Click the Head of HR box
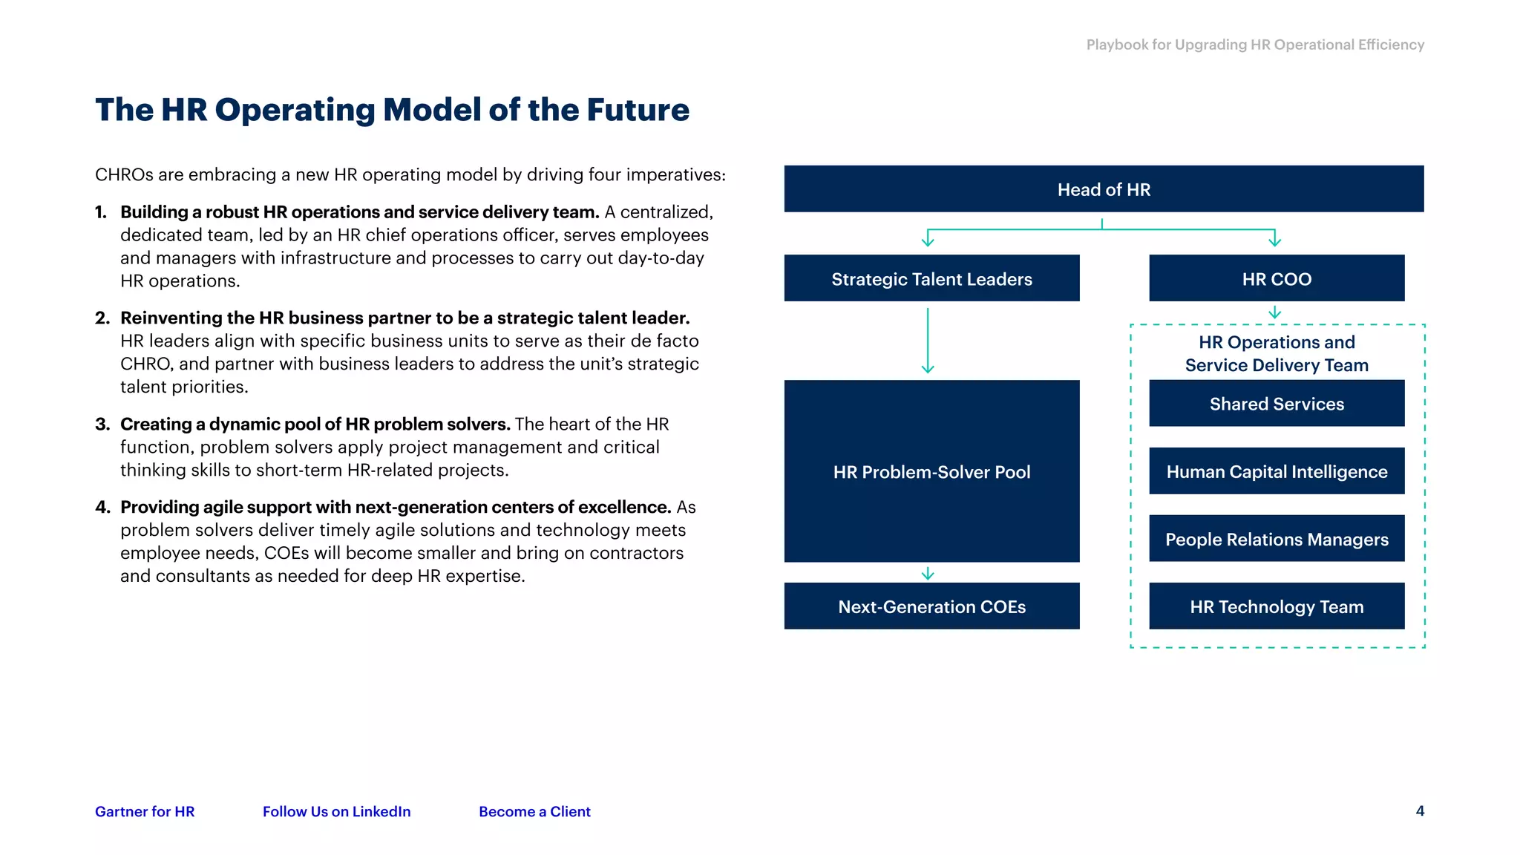(x=1104, y=189)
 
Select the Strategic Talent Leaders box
(x=931, y=278)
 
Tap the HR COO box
(x=1277, y=278)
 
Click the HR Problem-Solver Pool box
(x=931, y=471)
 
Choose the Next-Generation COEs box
(x=931, y=606)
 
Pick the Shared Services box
(x=1277, y=404)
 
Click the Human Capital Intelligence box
(x=1277, y=471)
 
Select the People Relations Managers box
(x=1277, y=539)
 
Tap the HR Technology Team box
(x=1277, y=606)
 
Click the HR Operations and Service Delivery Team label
(x=1277, y=353)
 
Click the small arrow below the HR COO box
(x=1275, y=312)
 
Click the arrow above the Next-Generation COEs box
(x=928, y=573)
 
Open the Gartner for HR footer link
(x=145, y=811)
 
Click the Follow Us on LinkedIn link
(x=336, y=811)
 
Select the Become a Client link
(x=534, y=811)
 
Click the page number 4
(x=1420, y=810)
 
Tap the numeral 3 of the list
(x=102, y=425)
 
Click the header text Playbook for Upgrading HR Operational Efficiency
(x=1255, y=45)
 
